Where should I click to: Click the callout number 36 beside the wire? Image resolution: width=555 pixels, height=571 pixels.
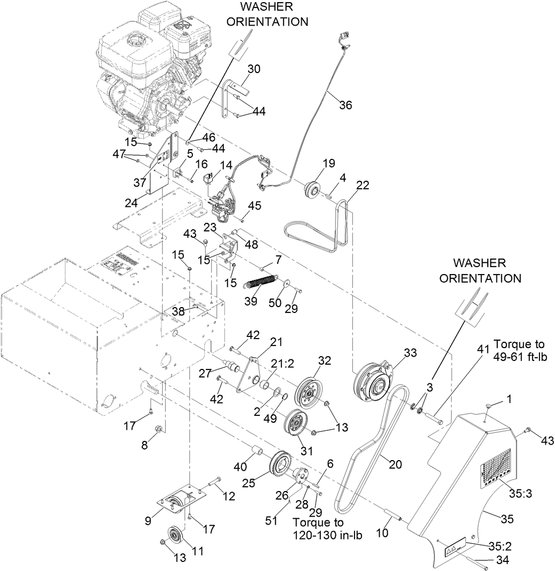tap(345, 105)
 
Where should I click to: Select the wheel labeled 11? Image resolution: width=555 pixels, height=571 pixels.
tap(175, 535)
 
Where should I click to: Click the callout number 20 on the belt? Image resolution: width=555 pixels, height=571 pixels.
tap(395, 464)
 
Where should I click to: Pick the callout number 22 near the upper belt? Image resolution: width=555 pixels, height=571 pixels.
tap(363, 184)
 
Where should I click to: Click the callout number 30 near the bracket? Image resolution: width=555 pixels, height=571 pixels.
tap(254, 69)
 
